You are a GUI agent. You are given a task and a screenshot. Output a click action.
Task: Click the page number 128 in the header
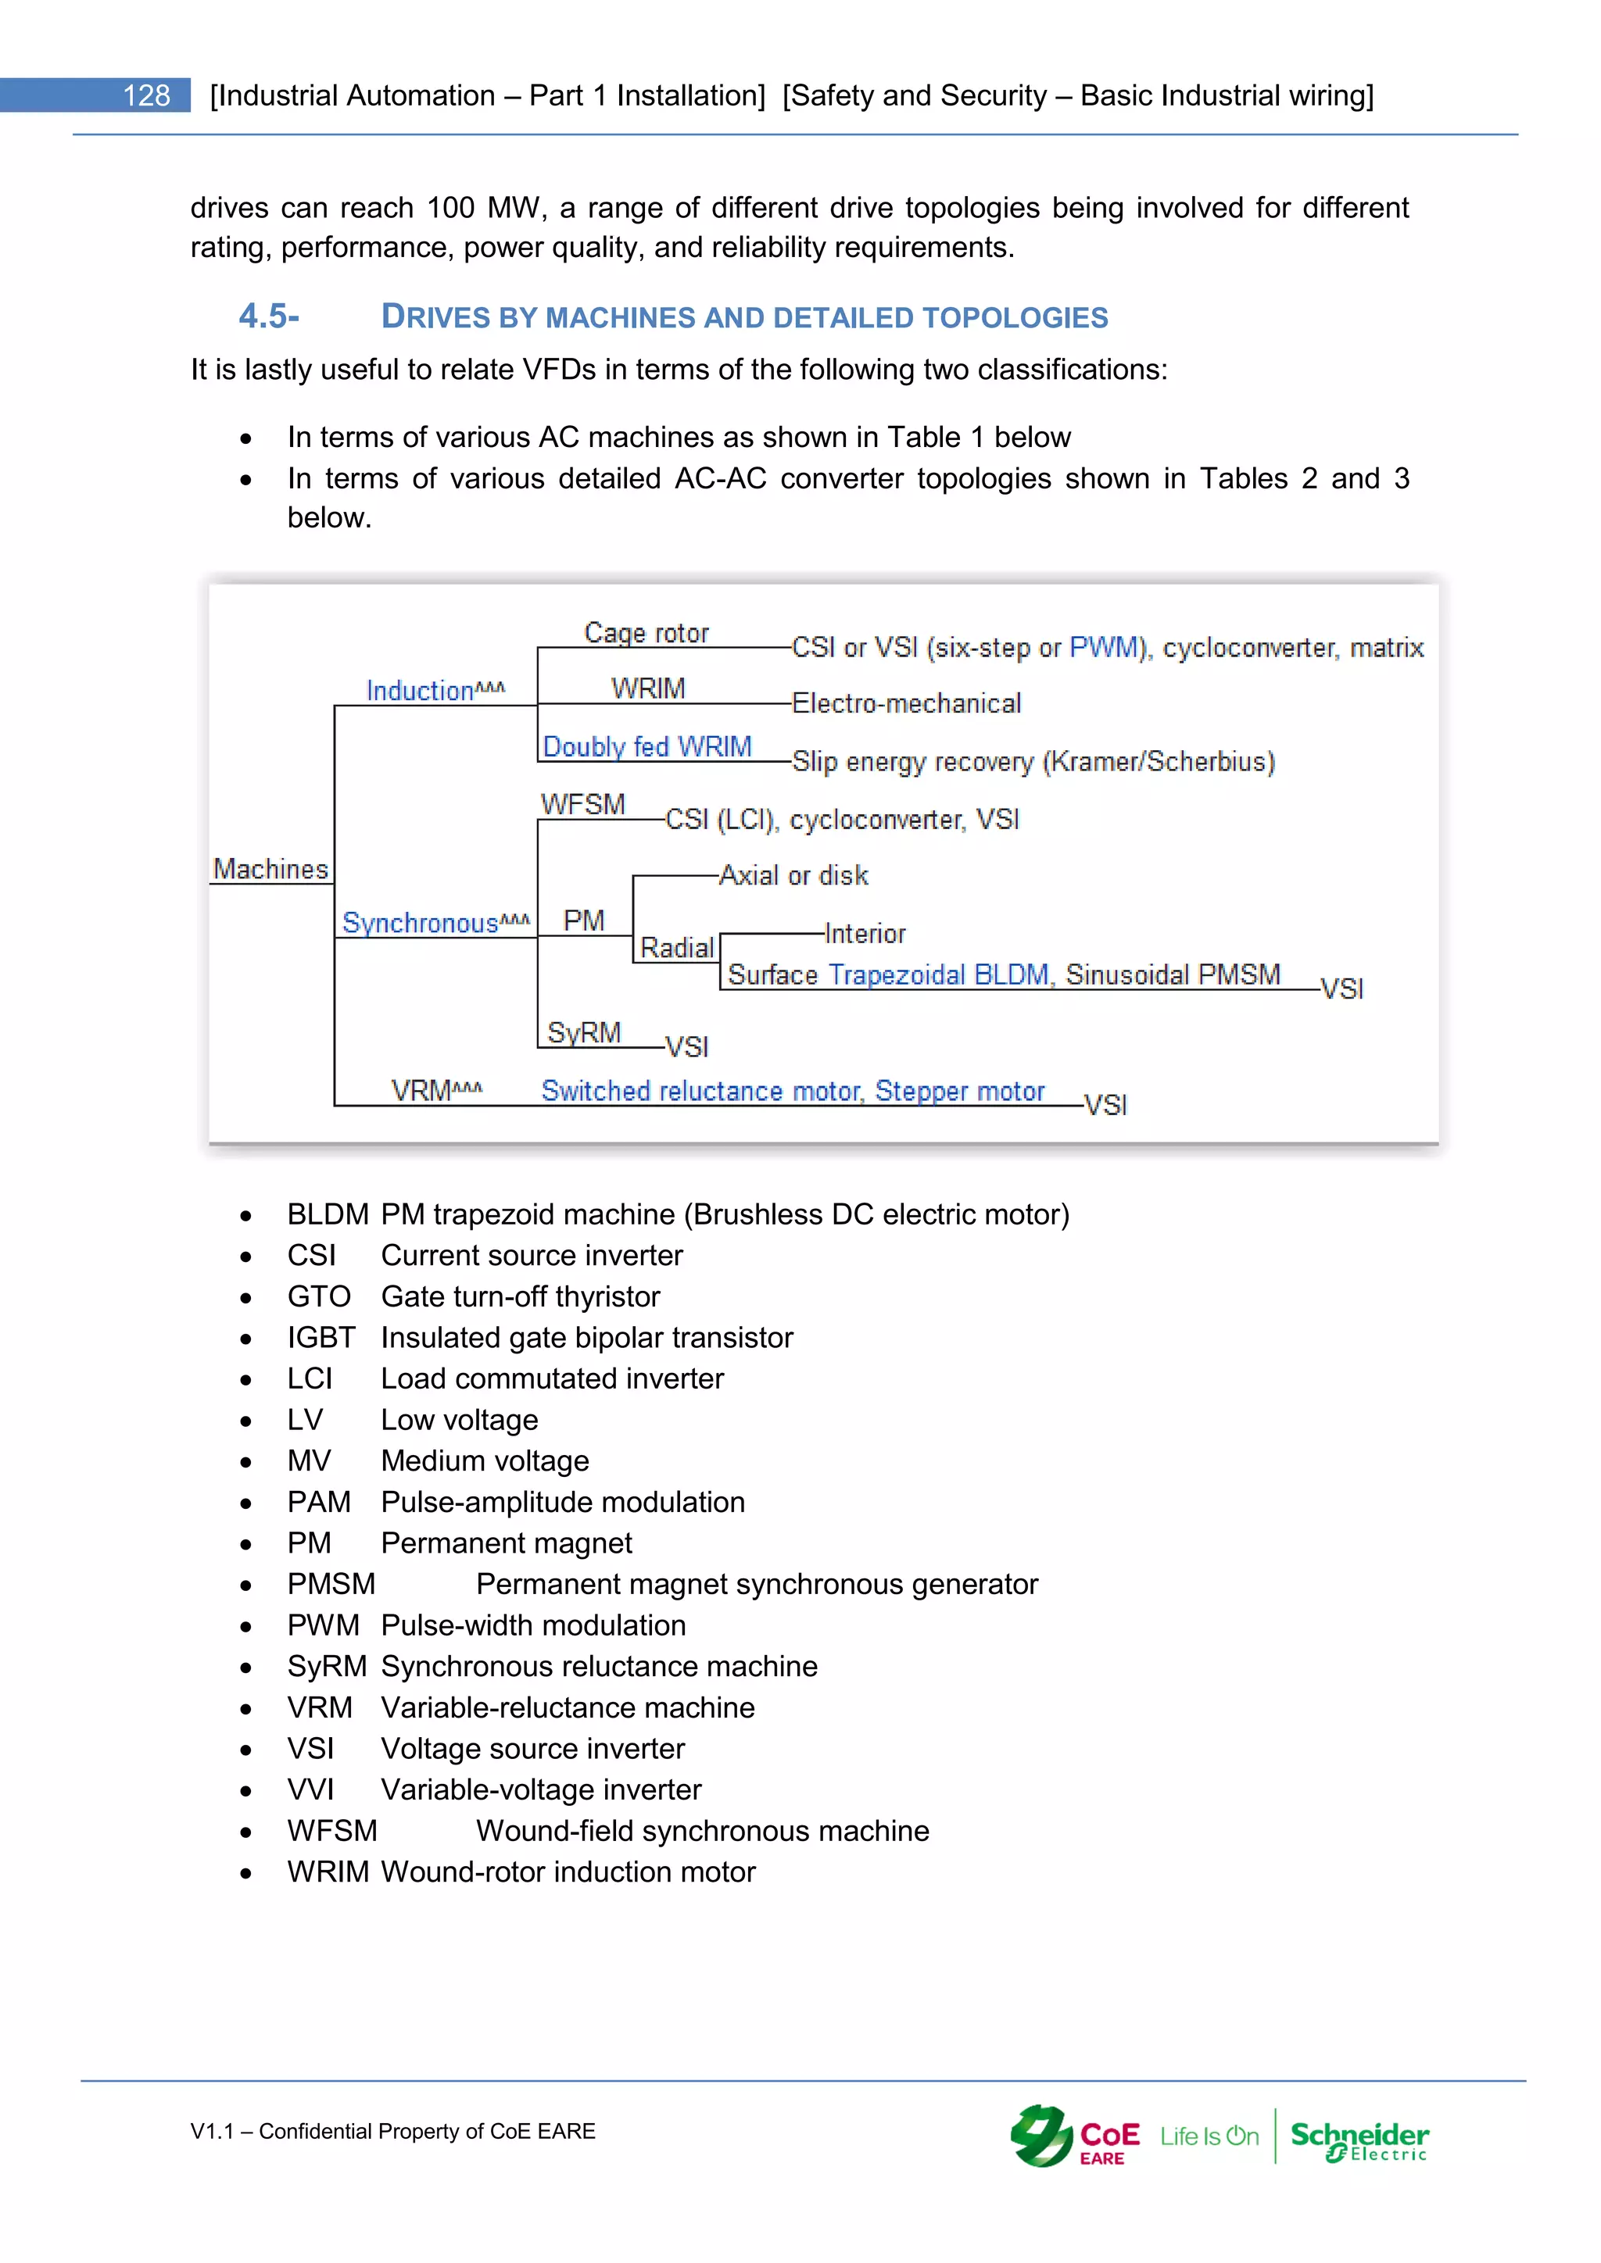(x=146, y=95)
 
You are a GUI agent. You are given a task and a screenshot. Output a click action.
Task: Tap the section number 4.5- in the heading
(x=268, y=316)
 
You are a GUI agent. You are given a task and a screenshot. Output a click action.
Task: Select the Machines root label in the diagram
(x=270, y=869)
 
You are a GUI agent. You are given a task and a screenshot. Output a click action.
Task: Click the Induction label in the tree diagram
(x=421, y=691)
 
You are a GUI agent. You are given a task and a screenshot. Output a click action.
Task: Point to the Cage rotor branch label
(x=646, y=633)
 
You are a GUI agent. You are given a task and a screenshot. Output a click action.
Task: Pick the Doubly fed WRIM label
(x=646, y=747)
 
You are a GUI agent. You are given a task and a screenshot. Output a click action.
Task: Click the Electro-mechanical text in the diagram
(x=906, y=704)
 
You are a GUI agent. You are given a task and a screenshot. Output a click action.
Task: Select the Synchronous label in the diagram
(x=421, y=924)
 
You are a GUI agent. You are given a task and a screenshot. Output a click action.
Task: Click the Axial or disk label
(x=793, y=875)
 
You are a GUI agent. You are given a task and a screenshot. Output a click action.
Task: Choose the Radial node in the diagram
(x=677, y=948)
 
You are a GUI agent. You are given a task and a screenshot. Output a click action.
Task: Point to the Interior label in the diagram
(x=865, y=933)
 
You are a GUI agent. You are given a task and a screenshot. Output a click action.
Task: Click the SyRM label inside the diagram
(x=584, y=1033)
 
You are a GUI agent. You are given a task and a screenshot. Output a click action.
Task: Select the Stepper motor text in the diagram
(x=959, y=1091)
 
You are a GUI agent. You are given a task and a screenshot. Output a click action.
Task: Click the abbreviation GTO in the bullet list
(x=318, y=1296)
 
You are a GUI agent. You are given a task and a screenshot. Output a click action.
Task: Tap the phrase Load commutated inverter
(x=552, y=1379)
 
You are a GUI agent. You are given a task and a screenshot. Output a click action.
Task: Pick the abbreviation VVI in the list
(x=310, y=1790)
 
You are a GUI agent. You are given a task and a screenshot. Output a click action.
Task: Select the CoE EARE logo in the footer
(x=1075, y=2137)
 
